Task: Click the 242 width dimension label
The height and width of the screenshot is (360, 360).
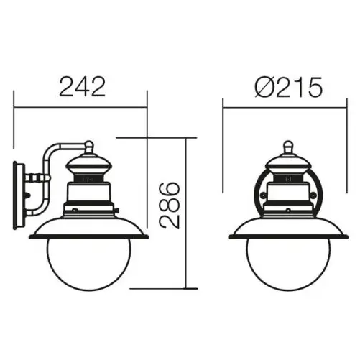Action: (x=81, y=88)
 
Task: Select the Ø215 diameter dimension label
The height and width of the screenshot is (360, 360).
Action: (x=287, y=88)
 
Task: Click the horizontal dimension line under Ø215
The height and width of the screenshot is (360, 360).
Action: (x=287, y=108)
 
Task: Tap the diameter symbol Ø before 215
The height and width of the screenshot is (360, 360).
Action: (x=262, y=88)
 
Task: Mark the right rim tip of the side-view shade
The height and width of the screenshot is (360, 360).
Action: (x=147, y=235)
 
